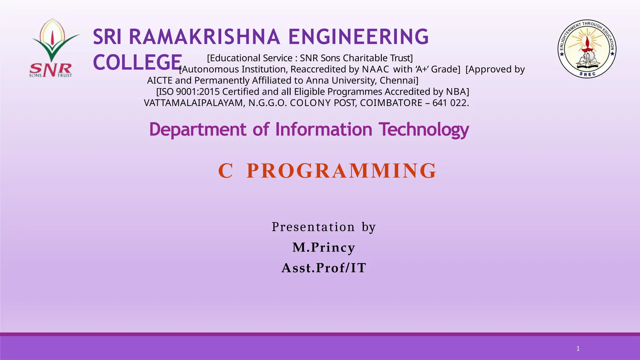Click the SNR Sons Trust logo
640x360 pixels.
pos(52,48)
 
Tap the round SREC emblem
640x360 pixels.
pos(587,49)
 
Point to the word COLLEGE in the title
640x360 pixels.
pos(137,62)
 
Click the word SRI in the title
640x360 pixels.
pos(107,37)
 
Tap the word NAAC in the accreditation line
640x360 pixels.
pos(375,69)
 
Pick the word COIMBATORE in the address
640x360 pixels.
pos(391,103)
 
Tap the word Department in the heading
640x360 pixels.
pos(198,130)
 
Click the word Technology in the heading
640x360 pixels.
pos(424,130)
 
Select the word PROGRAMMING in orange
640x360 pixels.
pos(341,171)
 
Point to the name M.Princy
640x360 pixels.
pos(324,247)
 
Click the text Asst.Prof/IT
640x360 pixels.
pos(324,268)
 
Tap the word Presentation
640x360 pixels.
pos(313,227)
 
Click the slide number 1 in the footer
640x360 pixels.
pos(578,349)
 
